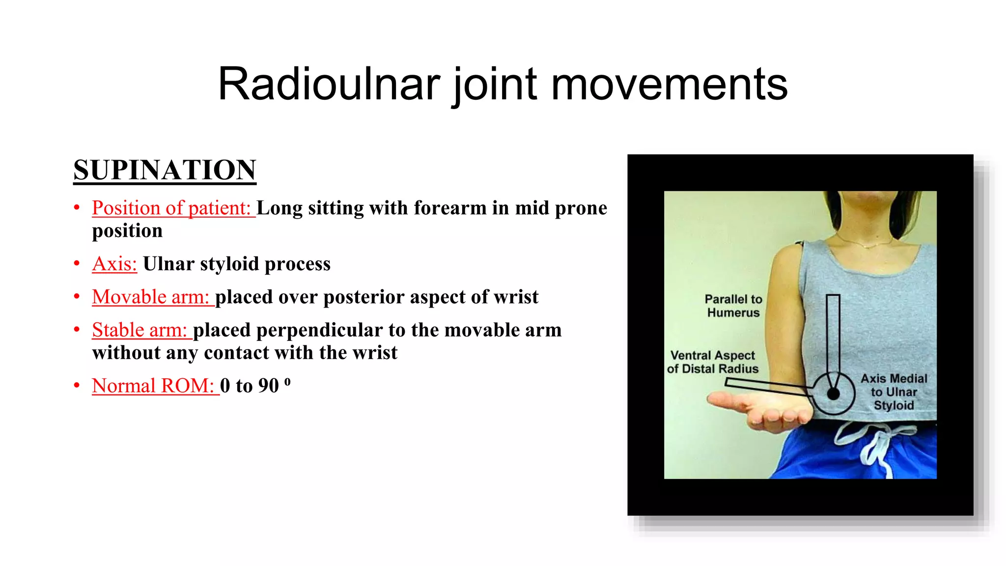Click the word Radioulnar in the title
tap(329, 85)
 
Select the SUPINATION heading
tap(165, 170)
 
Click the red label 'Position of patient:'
tap(173, 208)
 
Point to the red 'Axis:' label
tap(114, 264)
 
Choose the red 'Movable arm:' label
tap(152, 297)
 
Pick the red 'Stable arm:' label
tap(141, 330)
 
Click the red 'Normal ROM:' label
tap(154, 386)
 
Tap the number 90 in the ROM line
tap(268, 386)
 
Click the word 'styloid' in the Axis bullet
tap(229, 264)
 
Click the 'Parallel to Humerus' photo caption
tap(733, 306)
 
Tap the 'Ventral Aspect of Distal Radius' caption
tap(712, 362)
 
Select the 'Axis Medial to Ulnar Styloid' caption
tap(894, 392)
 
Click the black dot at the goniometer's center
tap(833, 394)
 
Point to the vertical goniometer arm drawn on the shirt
tap(833, 334)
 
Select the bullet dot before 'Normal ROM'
tap(77, 385)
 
